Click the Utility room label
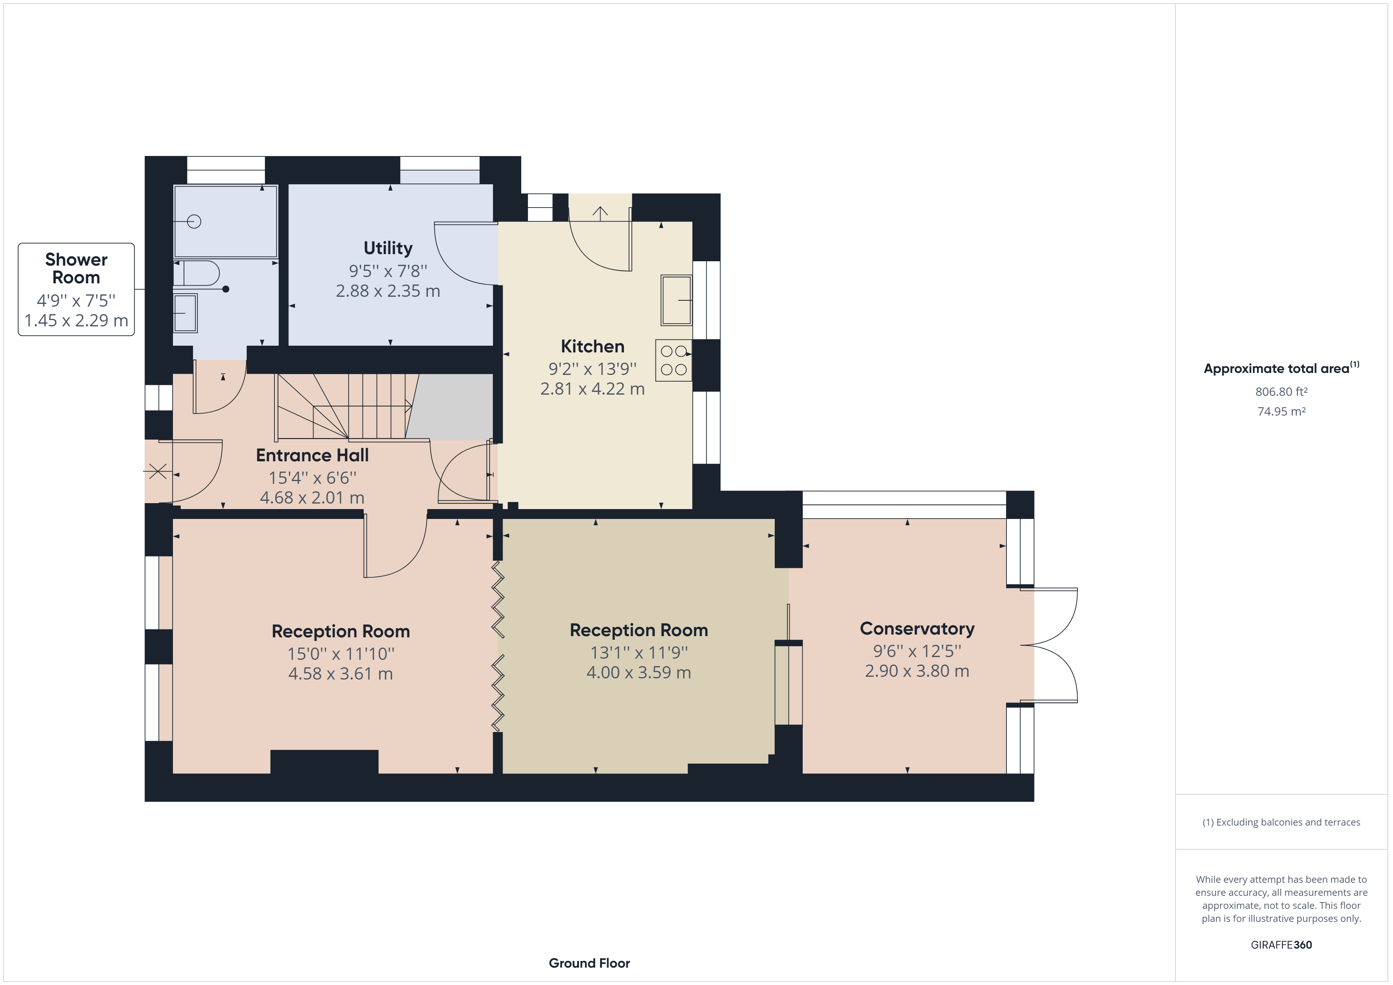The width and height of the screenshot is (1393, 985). (388, 248)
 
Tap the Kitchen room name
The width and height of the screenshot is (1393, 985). (592, 346)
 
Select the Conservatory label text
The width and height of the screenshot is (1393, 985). (917, 629)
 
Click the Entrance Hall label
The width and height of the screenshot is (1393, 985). (312, 455)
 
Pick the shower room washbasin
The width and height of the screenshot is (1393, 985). (185, 313)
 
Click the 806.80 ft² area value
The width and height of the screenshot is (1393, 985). (1281, 392)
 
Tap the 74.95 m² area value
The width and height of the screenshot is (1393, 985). (1281, 411)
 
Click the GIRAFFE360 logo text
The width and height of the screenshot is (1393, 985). (1281, 944)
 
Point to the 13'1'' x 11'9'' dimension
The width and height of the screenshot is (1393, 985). (638, 653)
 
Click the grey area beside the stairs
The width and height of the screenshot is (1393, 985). (452, 406)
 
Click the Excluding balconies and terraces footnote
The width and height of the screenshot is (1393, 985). (1281, 822)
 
